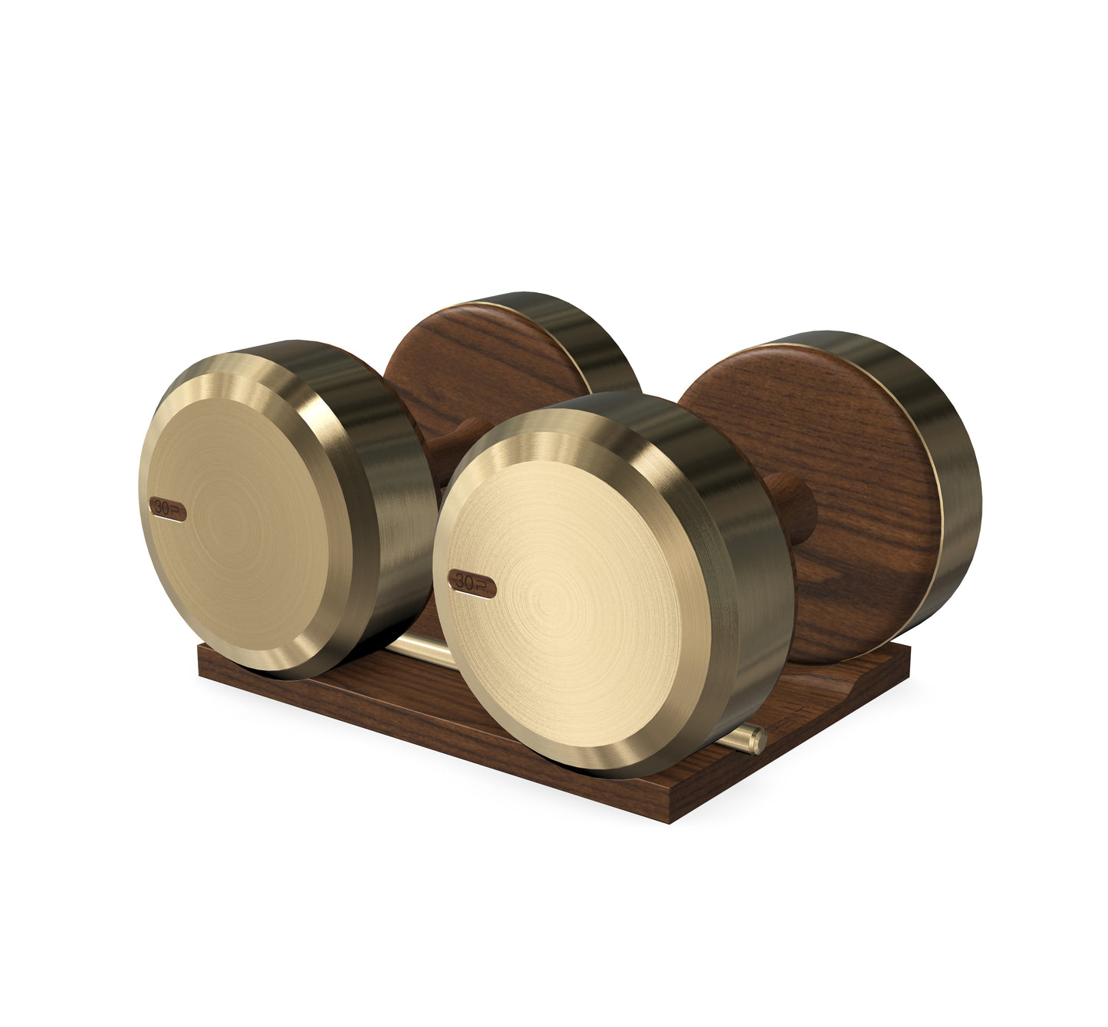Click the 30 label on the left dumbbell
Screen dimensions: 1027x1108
(x=166, y=508)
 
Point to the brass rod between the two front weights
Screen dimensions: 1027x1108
(x=419, y=649)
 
